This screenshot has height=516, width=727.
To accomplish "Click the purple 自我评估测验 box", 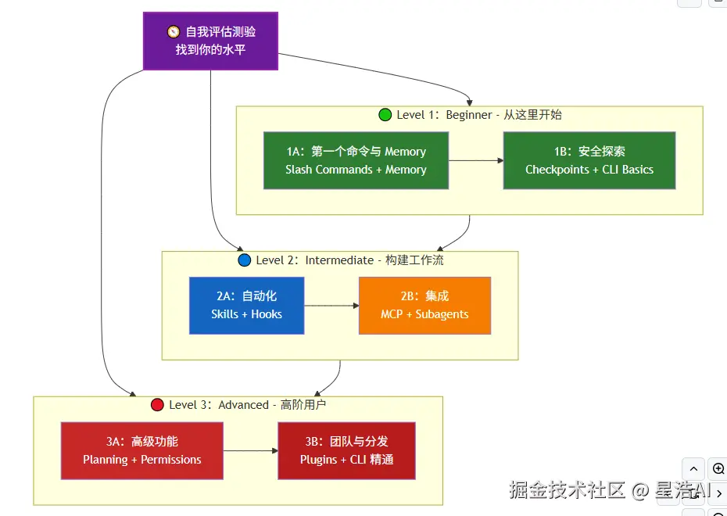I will pos(210,41).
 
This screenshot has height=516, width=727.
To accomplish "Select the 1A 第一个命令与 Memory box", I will pos(356,160).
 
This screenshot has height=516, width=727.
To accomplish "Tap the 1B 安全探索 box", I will pos(589,160).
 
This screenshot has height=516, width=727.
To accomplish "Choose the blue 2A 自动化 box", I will pos(246,306).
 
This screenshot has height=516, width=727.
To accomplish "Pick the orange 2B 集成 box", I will pos(424,306).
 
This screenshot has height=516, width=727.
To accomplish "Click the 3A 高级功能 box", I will pos(141,450).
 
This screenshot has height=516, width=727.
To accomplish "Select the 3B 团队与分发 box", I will pos(346,450).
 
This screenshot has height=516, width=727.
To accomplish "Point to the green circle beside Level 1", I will pos(385,115).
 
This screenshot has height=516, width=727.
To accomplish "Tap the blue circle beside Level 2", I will pos(244,260).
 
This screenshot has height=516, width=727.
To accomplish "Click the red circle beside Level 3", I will pos(157,405).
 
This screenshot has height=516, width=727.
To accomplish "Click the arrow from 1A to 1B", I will pos(475,160).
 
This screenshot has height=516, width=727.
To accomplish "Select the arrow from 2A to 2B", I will pos(331,306).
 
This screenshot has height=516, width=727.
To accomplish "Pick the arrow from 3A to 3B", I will pos(250,451).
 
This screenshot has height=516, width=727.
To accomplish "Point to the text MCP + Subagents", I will pos(424,314).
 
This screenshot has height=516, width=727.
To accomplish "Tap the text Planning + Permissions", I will pos(141,460).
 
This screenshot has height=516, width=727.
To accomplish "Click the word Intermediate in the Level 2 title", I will pos(339,260).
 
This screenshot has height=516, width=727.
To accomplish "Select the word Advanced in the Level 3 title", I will pos(243,405).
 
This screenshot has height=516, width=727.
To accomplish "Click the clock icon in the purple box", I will pos(174,32).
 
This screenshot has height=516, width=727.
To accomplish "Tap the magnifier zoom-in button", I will pos(718,469).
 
